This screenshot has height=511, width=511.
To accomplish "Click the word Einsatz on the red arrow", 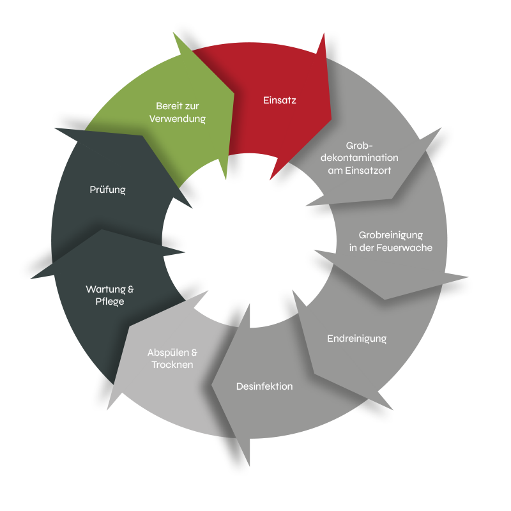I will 280,100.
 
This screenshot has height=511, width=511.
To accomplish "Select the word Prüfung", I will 107,190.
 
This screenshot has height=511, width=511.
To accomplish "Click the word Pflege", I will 110,301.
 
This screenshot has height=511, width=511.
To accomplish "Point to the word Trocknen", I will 172,364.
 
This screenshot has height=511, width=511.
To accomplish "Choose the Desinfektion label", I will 264,386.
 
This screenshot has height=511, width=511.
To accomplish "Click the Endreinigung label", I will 357,339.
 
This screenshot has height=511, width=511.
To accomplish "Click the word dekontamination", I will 364,158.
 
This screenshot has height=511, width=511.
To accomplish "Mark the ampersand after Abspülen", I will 195,352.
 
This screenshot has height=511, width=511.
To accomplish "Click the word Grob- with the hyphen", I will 359,145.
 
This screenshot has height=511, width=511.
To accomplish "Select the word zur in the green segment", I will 192,106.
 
